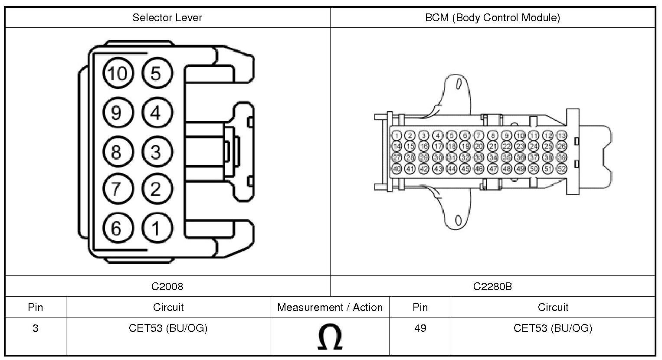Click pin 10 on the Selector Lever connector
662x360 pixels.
tap(116, 73)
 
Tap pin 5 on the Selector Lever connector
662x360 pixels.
tap(156, 73)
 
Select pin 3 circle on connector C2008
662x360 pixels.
tap(156, 152)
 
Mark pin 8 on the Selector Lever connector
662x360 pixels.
tap(116, 152)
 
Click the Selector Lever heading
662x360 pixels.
tap(167, 18)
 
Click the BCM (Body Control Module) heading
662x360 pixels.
tap(492, 18)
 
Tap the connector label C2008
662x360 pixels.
tap(167, 286)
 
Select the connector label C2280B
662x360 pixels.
tap(492, 286)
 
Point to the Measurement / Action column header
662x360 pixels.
tap(330, 308)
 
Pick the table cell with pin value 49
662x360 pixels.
tap(420, 328)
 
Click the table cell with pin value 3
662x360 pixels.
tap(35, 328)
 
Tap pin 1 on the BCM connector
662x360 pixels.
tap(397, 136)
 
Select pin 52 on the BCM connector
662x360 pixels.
tap(561, 169)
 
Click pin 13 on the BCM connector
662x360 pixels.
tap(561, 136)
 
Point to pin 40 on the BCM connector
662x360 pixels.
tap(397, 169)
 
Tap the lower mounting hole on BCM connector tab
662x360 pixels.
tap(458, 220)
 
